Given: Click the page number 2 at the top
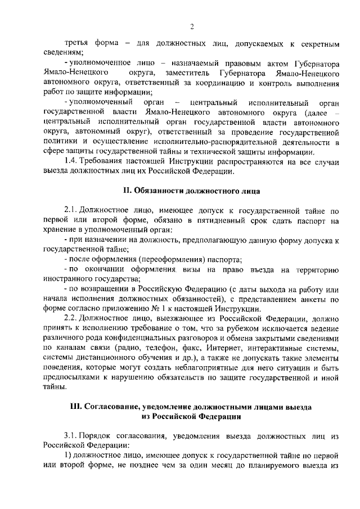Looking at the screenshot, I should [192, 26].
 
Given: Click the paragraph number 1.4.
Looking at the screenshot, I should [71, 162].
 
